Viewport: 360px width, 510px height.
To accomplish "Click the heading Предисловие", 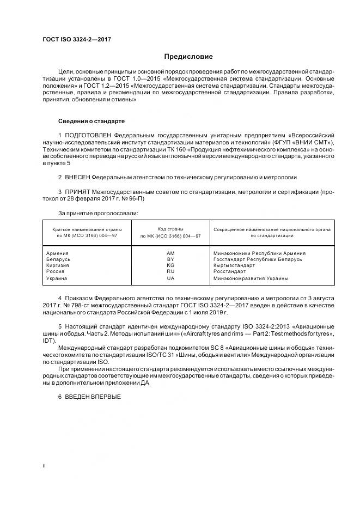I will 189,57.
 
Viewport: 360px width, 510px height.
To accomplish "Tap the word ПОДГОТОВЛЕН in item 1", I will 90,135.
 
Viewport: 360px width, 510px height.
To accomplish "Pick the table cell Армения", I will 57,253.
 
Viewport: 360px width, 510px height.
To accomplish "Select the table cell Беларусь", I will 58,259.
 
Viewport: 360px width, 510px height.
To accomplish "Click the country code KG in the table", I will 170,265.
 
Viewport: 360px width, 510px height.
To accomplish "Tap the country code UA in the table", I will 170,278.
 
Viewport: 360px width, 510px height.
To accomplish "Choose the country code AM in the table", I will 170,253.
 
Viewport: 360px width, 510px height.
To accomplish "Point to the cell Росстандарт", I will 230,271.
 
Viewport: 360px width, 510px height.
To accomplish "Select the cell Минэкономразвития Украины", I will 251,278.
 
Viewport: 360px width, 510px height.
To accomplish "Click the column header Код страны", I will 170,229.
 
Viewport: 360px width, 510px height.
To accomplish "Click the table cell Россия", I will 56,271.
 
